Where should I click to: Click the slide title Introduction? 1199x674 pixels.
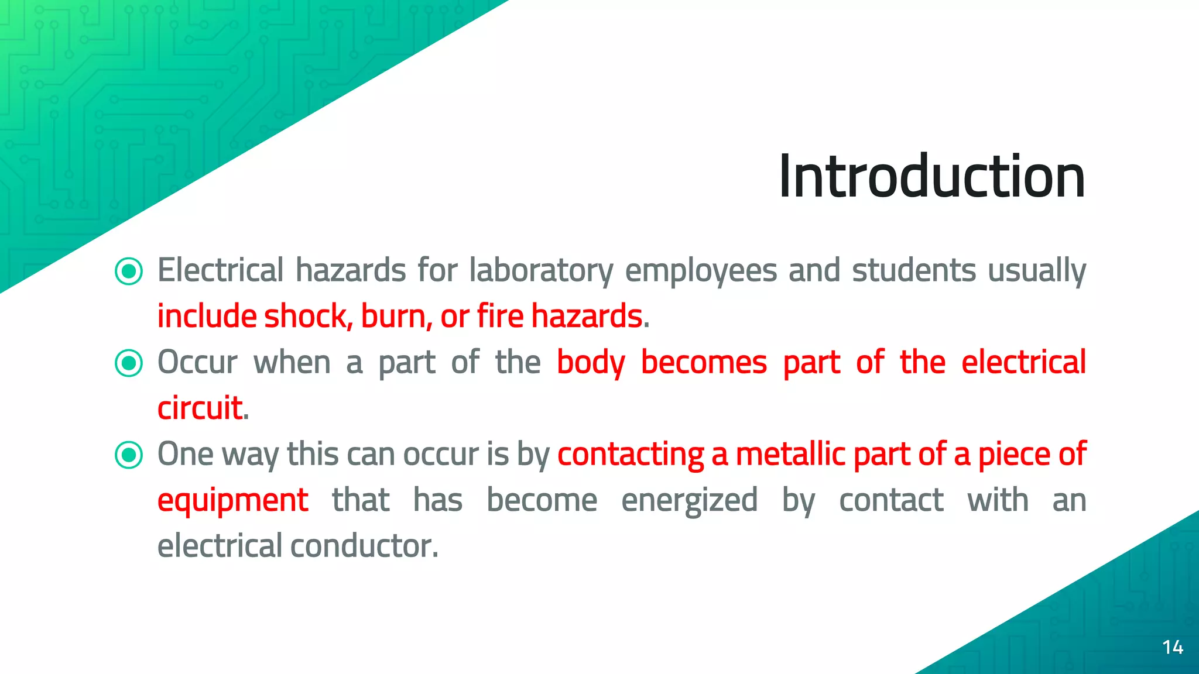(x=931, y=176)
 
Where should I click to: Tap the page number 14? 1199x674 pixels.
(x=1173, y=647)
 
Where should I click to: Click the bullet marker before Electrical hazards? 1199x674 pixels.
(x=129, y=271)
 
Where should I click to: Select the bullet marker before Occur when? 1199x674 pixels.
(x=129, y=363)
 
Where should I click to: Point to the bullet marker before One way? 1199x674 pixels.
(x=129, y=455)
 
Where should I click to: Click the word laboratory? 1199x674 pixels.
(x=541, y=271)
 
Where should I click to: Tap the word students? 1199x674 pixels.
(x=913, y=271)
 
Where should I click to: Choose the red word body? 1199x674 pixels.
(x=591, y=363)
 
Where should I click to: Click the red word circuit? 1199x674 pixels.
(x=200, y=408)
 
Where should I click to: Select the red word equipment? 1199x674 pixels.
(x=232, y=501)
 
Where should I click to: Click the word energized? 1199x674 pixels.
(x=689, y=501)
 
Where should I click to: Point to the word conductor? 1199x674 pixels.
(x=364, y=546)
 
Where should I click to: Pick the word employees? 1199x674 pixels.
(x=701, y=271)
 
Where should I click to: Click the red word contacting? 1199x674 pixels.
(x=631, y=455)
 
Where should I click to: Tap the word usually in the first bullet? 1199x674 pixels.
(x=1036, y=271)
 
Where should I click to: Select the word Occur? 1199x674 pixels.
(x=197, y=363)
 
